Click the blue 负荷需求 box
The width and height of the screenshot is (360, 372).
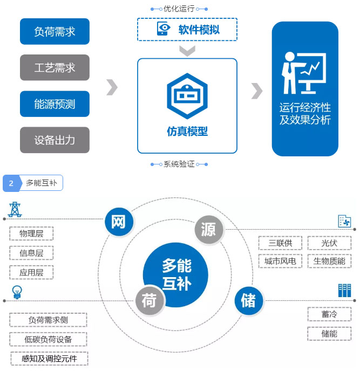pos(55,31)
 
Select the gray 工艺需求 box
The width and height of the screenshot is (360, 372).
pos(55,67)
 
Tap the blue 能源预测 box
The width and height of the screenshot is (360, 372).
pos(55,104)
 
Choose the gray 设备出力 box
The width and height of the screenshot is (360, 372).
pos(55,140)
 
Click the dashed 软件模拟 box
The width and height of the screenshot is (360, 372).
pos(187,29)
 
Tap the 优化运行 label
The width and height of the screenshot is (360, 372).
pos(179,9)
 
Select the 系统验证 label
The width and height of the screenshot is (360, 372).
pos(179,163)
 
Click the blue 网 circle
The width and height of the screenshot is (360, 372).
pos(119,222)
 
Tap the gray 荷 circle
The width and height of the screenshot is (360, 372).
pos(149,300)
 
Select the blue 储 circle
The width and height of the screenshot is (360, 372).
pos(248,300)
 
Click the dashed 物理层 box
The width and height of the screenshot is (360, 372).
pos(31,234)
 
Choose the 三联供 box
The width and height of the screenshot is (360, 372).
pos(280,243)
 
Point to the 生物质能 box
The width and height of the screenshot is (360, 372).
pos(329,261)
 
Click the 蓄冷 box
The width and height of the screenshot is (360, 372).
pos(329,314)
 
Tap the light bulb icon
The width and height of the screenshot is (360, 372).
pos(17,292)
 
